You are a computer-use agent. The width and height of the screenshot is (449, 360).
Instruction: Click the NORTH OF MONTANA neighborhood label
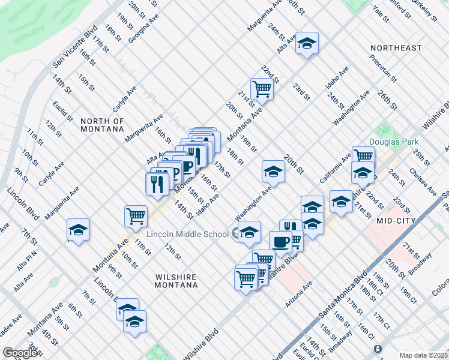click(x=102, y=125)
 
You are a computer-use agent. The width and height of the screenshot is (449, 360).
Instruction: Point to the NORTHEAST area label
click(x=396, y=48)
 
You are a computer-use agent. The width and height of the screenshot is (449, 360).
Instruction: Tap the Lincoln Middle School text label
click(x=187, y=233)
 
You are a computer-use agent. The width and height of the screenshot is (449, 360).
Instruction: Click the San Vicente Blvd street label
click(x=75, y=47)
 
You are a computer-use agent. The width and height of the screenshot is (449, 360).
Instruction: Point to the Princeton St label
click(x=383, y=68)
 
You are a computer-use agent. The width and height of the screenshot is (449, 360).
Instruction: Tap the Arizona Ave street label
click(x=299, y=295)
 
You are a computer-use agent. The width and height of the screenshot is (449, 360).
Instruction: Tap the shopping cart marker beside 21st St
click(x=262, y=89)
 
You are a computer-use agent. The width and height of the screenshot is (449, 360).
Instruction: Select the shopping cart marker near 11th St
click(x=136, y=215)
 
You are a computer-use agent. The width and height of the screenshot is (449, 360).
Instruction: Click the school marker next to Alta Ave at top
click(x=307, y=43)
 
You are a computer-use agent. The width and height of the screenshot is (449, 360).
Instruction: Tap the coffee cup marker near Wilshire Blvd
click(x=280, y=242)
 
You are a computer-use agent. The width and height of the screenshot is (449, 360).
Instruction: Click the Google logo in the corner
click(x=20, y=353)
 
